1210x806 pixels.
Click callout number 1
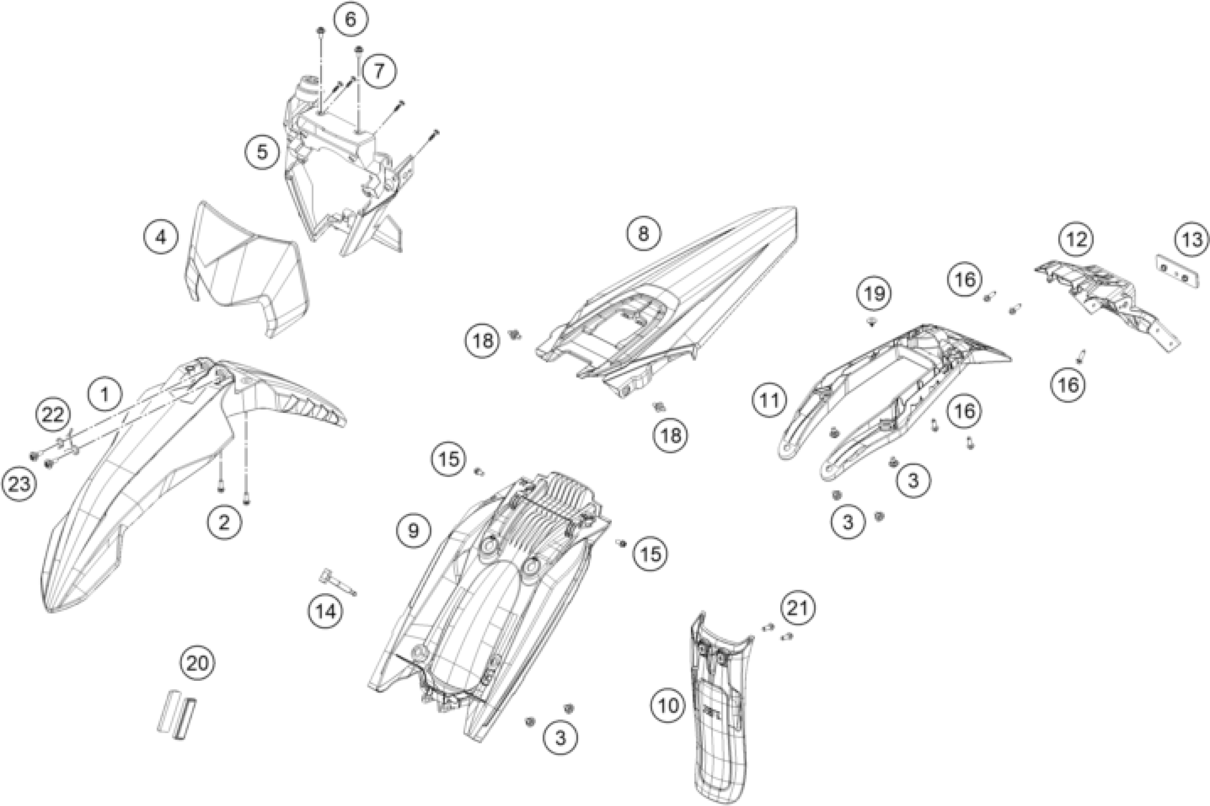pos(105,395)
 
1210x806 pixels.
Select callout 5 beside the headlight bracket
pos(263,152)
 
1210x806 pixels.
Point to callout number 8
pos(643,234)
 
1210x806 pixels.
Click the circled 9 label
pos(414,530)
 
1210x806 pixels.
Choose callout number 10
pos(668,706)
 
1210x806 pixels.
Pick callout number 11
pos(770,399)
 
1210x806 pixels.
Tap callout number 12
pos(1077,239)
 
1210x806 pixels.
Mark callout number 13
pos(1192,239)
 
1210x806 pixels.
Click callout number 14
pos(326,611)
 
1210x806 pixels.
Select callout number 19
pos(874,293)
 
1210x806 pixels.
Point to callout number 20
pos(198,664)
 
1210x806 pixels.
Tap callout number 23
pos(19,484)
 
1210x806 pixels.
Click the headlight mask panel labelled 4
pos(246,277)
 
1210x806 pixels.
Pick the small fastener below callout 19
pos(872,322)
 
